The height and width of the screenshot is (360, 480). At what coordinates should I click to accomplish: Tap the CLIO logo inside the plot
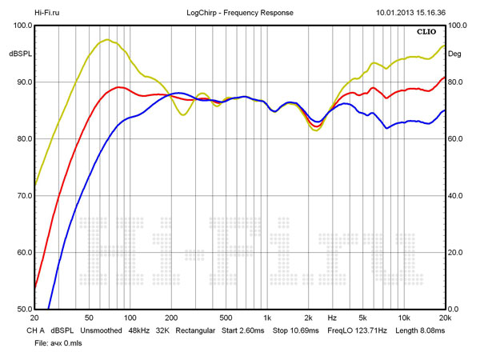coord(427,33)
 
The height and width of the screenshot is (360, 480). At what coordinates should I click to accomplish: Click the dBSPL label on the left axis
coord(20,54)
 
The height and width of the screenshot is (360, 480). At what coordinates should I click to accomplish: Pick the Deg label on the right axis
coord(454,54)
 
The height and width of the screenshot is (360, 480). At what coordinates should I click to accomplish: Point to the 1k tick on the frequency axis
coord(267,317)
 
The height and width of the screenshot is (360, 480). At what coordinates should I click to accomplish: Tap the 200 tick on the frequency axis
coord(170,317)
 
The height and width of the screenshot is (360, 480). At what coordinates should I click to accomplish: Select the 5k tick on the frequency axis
coord(362,317)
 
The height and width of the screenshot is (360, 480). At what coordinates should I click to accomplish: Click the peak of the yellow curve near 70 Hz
coord(106,40)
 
